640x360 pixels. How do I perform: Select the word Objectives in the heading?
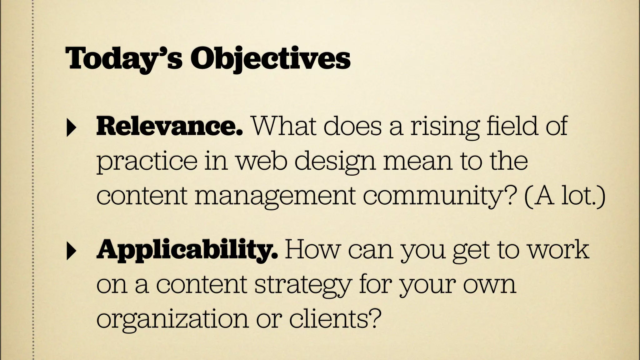click(x=270, y=59)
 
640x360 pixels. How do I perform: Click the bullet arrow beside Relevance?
click(x=71, y=128)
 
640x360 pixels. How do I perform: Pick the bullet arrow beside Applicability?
click(x=71, y=252)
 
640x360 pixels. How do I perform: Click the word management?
click(x=275, y=197)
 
